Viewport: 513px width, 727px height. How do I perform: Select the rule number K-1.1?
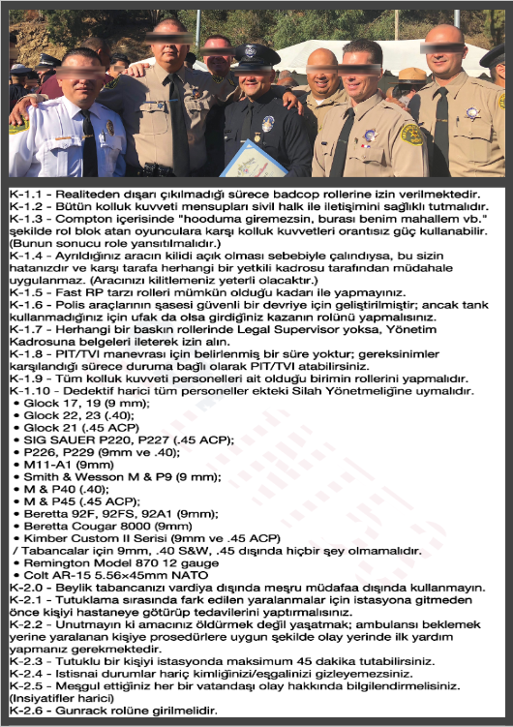(26, 195)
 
